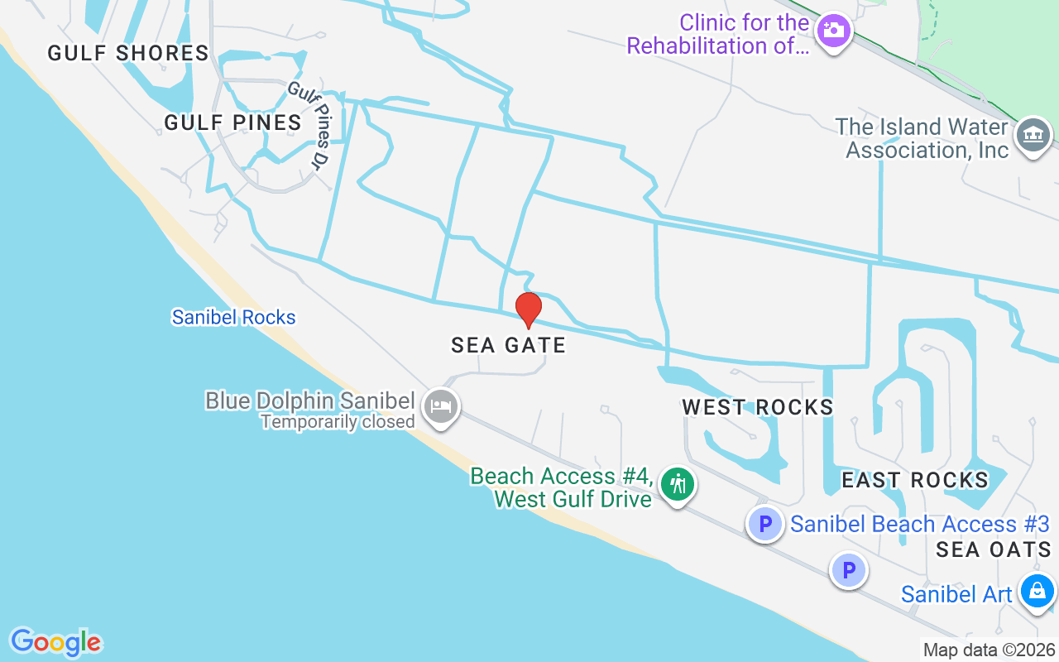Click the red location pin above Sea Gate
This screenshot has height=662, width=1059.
(x=529, y=309)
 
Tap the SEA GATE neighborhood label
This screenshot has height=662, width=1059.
(x=508, y=345)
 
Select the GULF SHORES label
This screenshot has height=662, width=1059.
(x=128, y=54)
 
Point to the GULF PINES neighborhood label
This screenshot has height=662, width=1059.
(x=232, y=123)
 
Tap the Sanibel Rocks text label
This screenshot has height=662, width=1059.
(x=233, y=317)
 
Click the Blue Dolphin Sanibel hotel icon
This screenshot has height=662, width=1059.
(x=441, y=406)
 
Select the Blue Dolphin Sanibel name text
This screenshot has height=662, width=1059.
(x=309, y=401)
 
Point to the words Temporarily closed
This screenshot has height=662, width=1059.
(x=338, y=422)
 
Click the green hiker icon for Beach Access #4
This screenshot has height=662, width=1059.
(x=678, y=483)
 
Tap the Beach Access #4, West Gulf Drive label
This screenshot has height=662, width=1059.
(x=562, y=487)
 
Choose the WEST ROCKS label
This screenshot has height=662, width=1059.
(x=757, y=407)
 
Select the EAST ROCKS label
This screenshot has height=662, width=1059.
(x=914, y=480)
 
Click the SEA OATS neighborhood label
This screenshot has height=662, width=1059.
(x=994, y=549)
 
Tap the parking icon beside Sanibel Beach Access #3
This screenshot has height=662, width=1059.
(x=765, y=524)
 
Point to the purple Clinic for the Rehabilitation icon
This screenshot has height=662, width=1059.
(x=833, y=31)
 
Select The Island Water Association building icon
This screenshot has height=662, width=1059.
(x=1033, y=134)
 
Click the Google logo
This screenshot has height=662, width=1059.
(x=55, y=642)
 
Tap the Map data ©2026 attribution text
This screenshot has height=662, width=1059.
(x=989, y=650)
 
